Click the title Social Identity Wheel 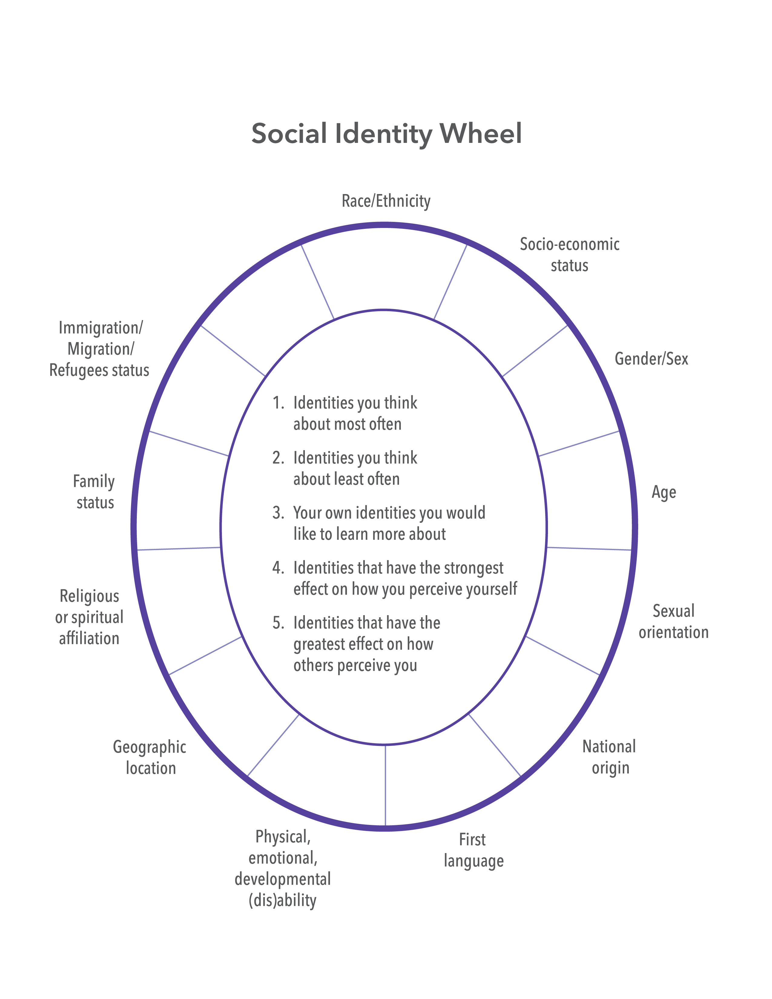(x=387, y=134)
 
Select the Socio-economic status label (x=569, y=255)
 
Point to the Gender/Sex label (x=651, y=359)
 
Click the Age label (x=664, y=493)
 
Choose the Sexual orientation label (x=673, y=621)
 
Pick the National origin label (x=609, y=757)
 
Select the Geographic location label (x=150, y=757)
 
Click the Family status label (x=94, y=492)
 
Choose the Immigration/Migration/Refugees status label (x=100, y=349)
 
